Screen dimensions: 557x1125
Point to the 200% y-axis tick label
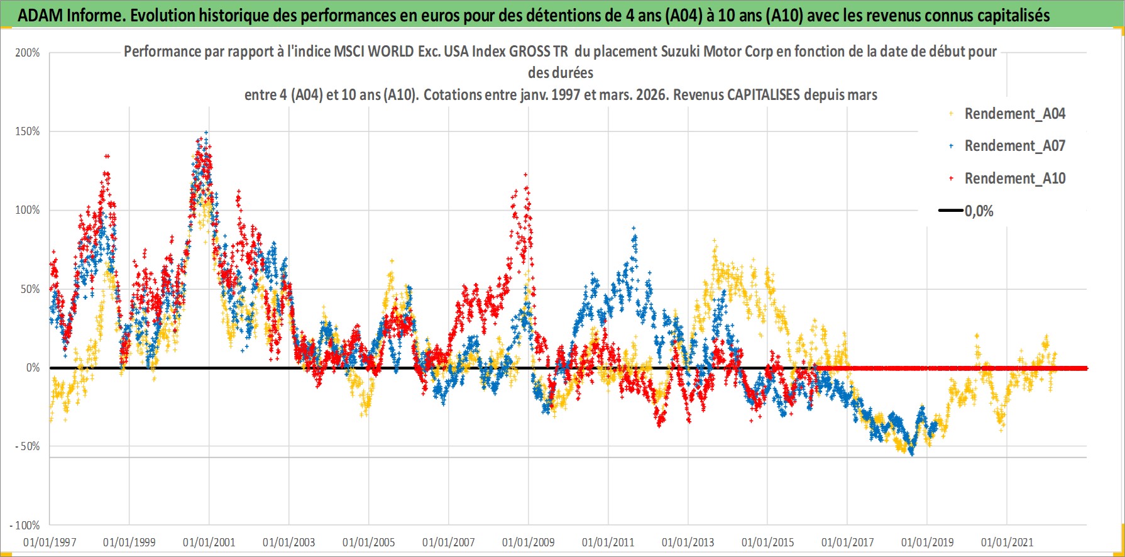coord(28,53)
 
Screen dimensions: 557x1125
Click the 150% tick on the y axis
coord(28,131)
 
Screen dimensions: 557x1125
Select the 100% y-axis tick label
coord(28,210)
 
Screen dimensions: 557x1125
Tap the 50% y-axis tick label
coord(30,289)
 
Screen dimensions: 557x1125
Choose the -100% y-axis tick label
coord(25,525)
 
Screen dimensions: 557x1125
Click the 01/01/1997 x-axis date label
coord(50,542)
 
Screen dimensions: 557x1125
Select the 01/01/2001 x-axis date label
coord(209,542)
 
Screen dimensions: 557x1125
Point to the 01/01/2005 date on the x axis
coord(369,542)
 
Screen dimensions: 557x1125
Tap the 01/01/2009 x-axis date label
coord(529,542)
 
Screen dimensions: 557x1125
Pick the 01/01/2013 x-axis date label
coord(688,542)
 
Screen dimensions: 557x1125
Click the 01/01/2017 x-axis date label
coord(848,542)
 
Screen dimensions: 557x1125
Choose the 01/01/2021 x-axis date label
coord(1007,542)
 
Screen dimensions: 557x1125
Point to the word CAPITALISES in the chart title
coord(763,95)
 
